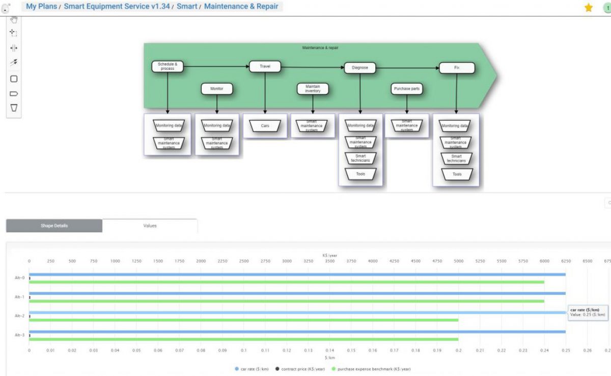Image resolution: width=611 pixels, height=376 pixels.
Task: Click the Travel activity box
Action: point(265,66)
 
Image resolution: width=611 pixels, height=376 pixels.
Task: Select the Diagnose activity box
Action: point(359,67)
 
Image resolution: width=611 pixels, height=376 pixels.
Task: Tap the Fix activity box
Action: point(457,67)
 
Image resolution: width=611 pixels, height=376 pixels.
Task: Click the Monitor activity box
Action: point(217,89)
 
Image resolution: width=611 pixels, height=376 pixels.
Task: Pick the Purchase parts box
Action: point(407,89)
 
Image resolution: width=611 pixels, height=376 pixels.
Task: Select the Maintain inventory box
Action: point(313,89)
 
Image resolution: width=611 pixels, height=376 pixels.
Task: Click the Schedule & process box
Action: point(168,66)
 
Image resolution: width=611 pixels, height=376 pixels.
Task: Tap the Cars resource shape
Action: point(265,125)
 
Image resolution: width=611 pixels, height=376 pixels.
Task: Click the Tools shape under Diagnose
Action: point(360,174)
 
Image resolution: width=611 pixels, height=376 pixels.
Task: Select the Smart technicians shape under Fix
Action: point(456,158)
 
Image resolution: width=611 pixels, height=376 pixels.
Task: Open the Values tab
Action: point(150,226)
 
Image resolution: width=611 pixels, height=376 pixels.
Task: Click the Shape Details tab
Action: point(54,226)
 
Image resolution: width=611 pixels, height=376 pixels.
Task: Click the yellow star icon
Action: point(589,8)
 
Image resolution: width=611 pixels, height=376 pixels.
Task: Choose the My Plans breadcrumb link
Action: point(41,7)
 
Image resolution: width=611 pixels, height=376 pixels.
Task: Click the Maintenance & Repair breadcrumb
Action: point(241,7)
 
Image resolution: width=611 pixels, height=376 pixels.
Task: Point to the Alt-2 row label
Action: point(19,316)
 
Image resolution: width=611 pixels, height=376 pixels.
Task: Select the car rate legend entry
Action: point(252,369)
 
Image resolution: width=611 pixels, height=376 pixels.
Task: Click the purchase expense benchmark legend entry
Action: point(371,369)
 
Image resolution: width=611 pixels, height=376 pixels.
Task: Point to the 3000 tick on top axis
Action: point(287,261)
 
